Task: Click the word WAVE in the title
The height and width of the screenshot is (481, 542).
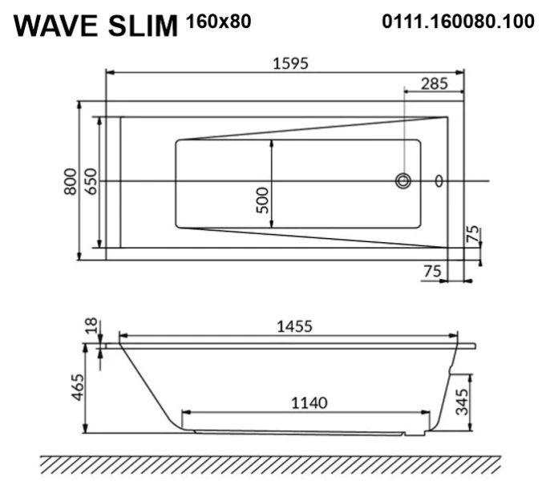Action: (x=56, y=26)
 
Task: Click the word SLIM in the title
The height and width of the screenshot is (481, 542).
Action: (x=141, y=26)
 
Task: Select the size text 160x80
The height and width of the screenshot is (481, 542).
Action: (x=218, y=22)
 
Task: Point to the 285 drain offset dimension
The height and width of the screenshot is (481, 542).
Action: (x=434, y=82)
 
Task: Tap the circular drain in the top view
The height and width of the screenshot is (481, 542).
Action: (x=402, y=181)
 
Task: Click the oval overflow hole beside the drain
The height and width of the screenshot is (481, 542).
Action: (x=439, y=181)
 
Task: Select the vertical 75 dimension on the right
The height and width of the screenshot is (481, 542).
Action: (x=474, y=234)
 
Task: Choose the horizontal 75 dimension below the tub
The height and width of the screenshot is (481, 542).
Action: (x=432, y=272)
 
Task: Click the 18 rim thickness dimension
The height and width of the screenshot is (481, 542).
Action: (x=91, y=325)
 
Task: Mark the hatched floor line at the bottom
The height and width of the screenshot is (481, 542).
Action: (x=270, y=463)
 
